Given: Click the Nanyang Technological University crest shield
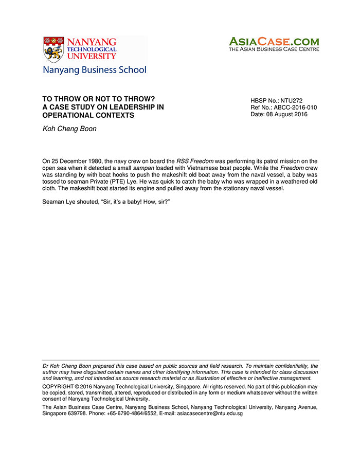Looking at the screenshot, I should point(53,49).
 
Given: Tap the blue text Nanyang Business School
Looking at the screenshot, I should point(94,70).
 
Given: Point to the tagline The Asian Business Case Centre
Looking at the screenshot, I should point(274,49).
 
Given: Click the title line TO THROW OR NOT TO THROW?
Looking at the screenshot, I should point(99,99).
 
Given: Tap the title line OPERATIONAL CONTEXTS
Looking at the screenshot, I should point(88,115).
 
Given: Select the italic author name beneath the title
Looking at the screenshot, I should point(69,129).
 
